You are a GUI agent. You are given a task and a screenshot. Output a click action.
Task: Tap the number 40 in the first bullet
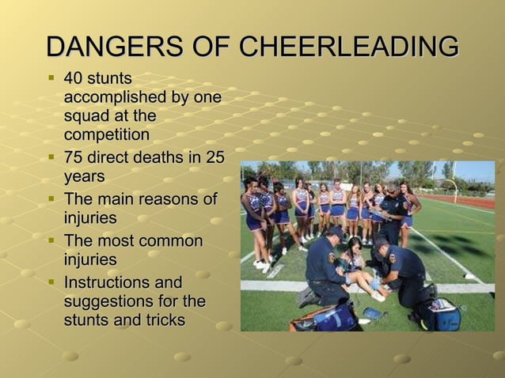74,79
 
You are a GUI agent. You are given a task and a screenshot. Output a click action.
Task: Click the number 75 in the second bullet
74,157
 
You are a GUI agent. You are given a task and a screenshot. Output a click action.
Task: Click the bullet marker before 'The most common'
51,240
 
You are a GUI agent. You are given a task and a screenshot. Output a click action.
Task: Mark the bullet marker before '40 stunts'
51,79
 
